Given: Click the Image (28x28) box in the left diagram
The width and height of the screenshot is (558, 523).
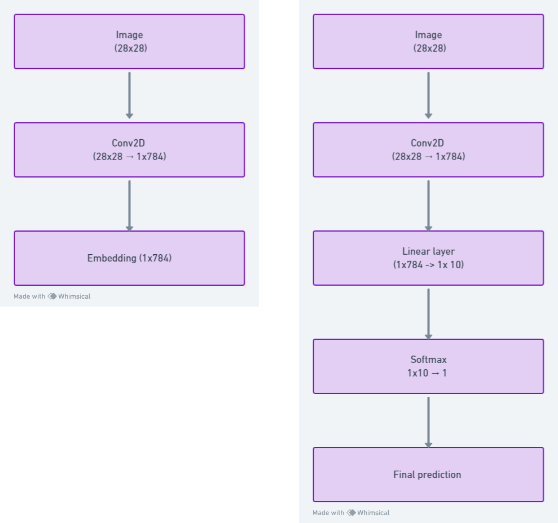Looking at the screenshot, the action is click(x=129, y=42).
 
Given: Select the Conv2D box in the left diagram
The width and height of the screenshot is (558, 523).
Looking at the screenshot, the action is click(x=129, y=150).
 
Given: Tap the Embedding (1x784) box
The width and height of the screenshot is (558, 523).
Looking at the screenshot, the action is click(x=129, y=258).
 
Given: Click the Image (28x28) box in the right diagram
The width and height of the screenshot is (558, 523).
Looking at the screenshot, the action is click(x=428, y=42).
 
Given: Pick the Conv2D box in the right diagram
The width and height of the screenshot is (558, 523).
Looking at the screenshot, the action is click(x=428, y=150).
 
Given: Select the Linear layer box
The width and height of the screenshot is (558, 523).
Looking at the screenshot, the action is click(x=428, y=258).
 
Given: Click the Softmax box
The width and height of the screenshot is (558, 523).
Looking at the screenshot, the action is click(x=428, y=366).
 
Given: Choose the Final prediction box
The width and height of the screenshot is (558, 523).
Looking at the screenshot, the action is click(x=428, y=475).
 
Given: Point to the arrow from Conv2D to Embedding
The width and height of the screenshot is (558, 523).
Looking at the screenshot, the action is click(x=130, y=206).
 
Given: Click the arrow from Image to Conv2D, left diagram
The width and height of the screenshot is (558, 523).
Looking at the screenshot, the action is click(x=130, y=95).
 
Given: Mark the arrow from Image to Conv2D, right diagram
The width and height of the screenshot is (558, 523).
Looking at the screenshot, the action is click(x=428, y=95).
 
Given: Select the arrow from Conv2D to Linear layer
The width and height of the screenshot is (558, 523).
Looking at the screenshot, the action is click(x=428, y=206).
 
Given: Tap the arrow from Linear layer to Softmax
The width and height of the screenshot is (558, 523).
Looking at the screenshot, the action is click(x=428, y=313).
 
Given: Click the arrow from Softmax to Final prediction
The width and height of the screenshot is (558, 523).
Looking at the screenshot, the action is click(x=428, y=422).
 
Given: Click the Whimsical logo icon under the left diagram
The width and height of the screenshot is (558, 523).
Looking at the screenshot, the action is click(x=52, y=296).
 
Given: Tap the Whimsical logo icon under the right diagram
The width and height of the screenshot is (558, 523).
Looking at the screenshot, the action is click(x=352, y=513).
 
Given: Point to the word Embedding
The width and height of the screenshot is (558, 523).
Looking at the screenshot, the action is click(x=112, y=259).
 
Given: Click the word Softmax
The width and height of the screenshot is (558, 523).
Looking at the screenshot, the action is click(x=428, y=360).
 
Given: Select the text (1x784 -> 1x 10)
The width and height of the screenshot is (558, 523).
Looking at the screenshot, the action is click(x=428, y=265).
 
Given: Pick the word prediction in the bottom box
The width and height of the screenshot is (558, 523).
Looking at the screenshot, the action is click(x=439, y=475).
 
